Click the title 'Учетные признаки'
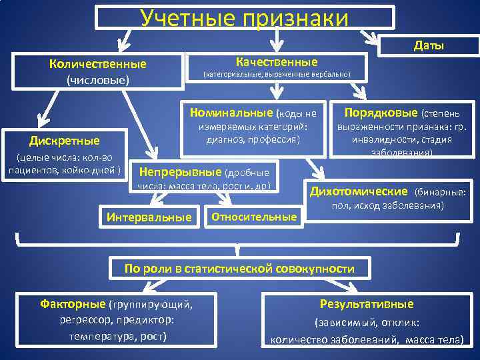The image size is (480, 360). pos(244,17)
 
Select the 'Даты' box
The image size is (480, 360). pos(429,45)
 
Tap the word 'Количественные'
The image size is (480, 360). pos(98,65)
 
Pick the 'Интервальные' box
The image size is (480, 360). pos(149,217)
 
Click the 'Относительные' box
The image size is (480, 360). pos(253,217)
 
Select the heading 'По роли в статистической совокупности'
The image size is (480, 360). pos(240,269)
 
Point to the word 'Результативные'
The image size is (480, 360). pos(367,304)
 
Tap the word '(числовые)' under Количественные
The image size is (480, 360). pos(98,80)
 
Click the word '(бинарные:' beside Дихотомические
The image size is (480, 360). pos(441,193)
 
